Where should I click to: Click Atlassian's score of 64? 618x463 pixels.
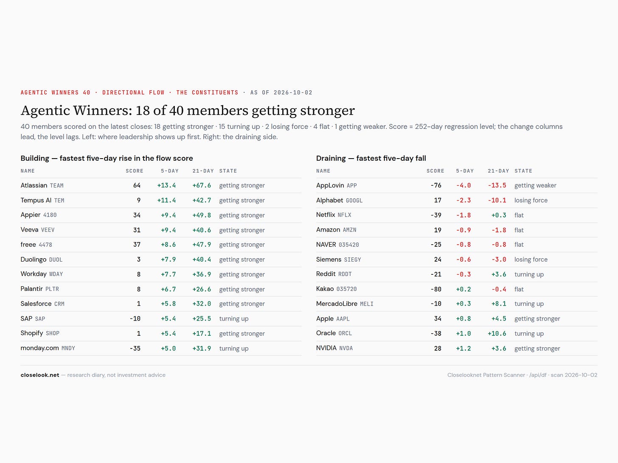137,186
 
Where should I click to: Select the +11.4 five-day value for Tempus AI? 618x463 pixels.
166,201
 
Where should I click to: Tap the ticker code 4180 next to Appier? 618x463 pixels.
50,215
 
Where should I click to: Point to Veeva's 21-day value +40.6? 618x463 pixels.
202,230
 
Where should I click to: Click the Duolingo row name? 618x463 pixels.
34,259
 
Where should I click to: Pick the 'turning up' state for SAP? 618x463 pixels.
234,319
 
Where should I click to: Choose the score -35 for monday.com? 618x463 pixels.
135,348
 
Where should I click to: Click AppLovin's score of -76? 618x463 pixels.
436,186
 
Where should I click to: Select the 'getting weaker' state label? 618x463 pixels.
535,186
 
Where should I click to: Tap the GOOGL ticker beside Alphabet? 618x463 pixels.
354,201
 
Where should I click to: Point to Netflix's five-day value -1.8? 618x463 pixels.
463,215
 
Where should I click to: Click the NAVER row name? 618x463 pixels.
326,245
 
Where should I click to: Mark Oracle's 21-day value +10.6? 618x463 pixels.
497,333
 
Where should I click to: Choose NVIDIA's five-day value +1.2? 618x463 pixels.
463,348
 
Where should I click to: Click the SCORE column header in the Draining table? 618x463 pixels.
435,171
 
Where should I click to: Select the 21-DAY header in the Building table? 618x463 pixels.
203,171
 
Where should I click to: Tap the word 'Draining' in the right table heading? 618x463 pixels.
331,158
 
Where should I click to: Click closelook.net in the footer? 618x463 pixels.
40,375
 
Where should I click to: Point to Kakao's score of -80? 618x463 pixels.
436,289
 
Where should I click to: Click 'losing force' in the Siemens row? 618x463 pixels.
531,259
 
